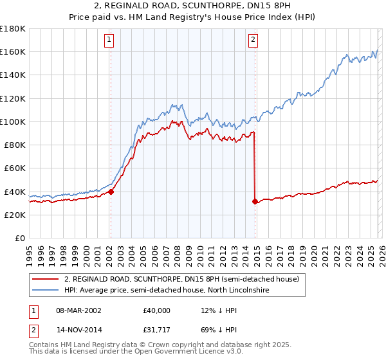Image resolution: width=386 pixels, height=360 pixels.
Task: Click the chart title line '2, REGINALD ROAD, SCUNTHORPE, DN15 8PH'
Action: click(x=192, y=5)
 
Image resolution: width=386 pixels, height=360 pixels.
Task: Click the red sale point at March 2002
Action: click(x=111, y=191)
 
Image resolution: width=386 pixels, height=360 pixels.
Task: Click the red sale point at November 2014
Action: click(x=255, y=201)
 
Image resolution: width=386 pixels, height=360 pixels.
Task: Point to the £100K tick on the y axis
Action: click(x=13, y=122)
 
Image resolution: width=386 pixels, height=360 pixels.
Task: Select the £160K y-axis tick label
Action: click(x=13, y=51)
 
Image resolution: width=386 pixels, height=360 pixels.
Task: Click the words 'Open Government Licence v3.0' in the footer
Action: click(x=195, y=354)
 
